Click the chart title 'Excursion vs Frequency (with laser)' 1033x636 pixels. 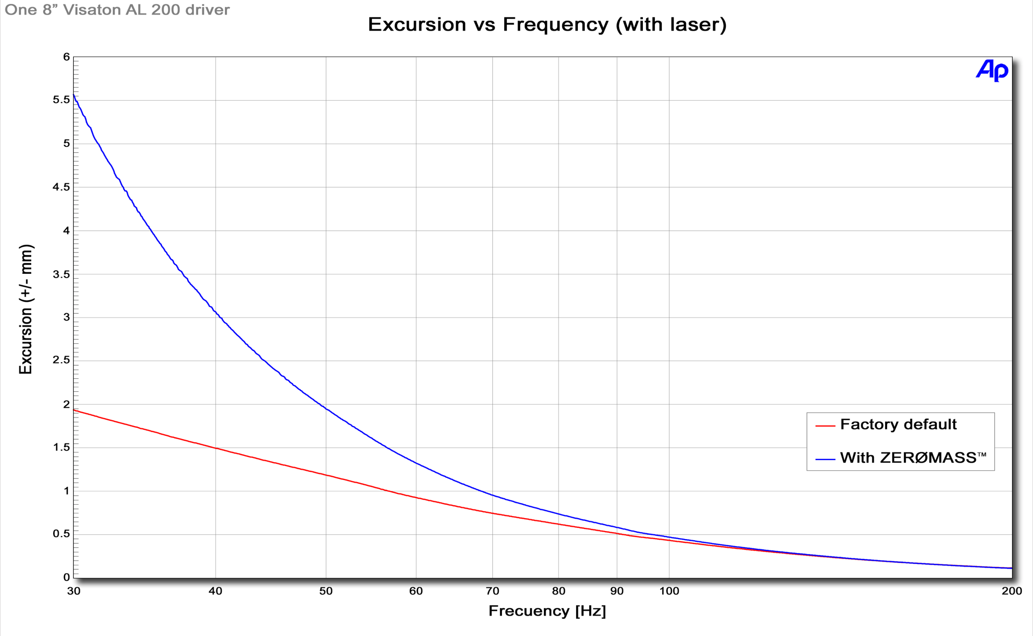point(547,25)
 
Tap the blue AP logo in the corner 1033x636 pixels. point(992,70)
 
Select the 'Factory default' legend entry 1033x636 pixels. point(898,425)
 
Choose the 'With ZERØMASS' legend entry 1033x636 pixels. point(913,458)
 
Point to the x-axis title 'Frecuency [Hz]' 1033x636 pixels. point(547,611)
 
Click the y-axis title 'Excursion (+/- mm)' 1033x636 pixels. point(26,309)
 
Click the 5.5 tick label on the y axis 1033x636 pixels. point(61,100)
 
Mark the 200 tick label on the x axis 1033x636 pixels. point(1011,591)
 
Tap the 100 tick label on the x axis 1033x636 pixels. point(669,591)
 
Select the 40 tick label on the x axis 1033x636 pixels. point(215,591)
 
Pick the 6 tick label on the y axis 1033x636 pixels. point(67,57)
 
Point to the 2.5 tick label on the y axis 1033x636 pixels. point(61,360)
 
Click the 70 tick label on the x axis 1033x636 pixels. point(492,591)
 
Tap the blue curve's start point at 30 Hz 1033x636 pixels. point(74,95)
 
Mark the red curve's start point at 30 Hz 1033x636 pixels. point(74,411)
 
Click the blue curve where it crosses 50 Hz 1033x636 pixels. point(326,408)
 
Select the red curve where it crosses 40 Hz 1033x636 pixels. point(215,448)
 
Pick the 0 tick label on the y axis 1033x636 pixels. point(67,577)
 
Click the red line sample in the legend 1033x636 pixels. point(825,426)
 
